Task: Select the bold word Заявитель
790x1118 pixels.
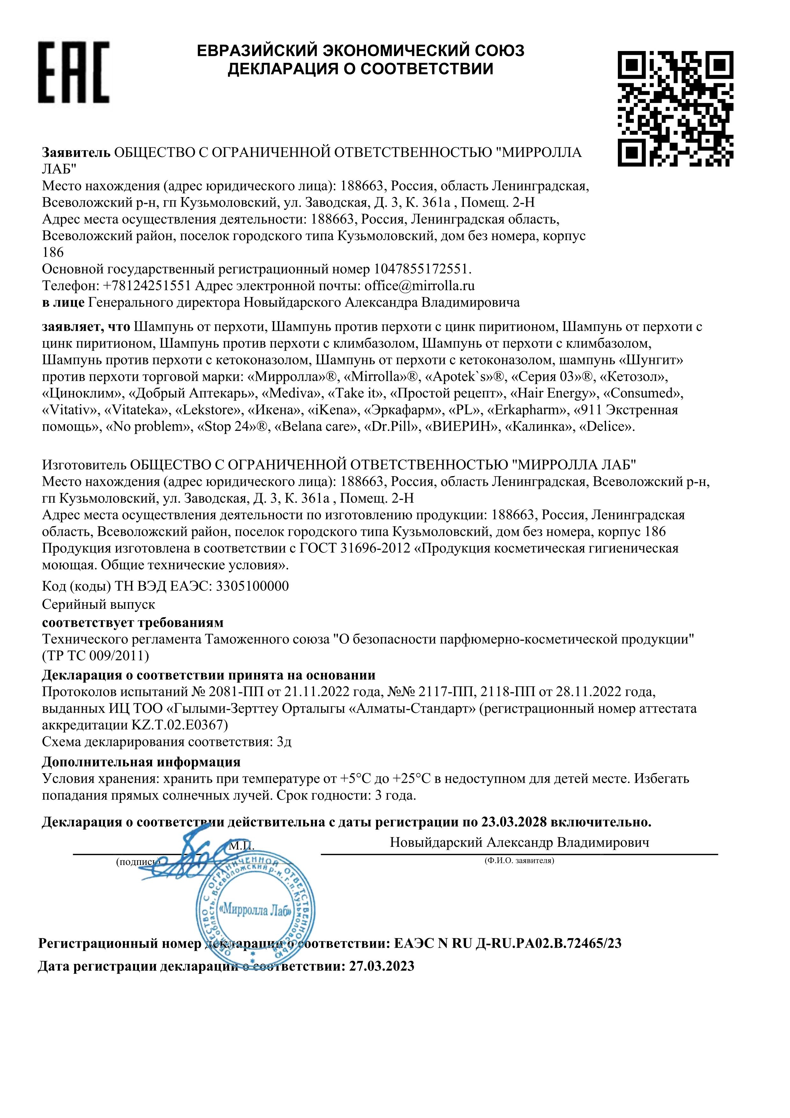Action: pos(77,153)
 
